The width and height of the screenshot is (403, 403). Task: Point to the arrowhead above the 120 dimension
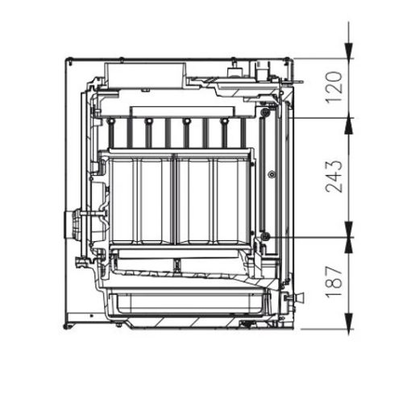tap(349, 50)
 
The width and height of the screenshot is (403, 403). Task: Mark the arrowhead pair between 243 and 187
tap(349, 237)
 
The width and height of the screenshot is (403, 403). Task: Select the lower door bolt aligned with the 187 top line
tap(264, 235)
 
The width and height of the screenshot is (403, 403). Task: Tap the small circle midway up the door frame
tap(272, 172)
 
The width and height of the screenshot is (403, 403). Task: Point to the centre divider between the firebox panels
tap(175, 198)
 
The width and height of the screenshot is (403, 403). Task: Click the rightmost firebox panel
tap(231, 198)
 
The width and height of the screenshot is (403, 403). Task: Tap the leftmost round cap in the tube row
tap(109, 123)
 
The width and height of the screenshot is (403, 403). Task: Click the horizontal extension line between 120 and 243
tap(318, 118)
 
